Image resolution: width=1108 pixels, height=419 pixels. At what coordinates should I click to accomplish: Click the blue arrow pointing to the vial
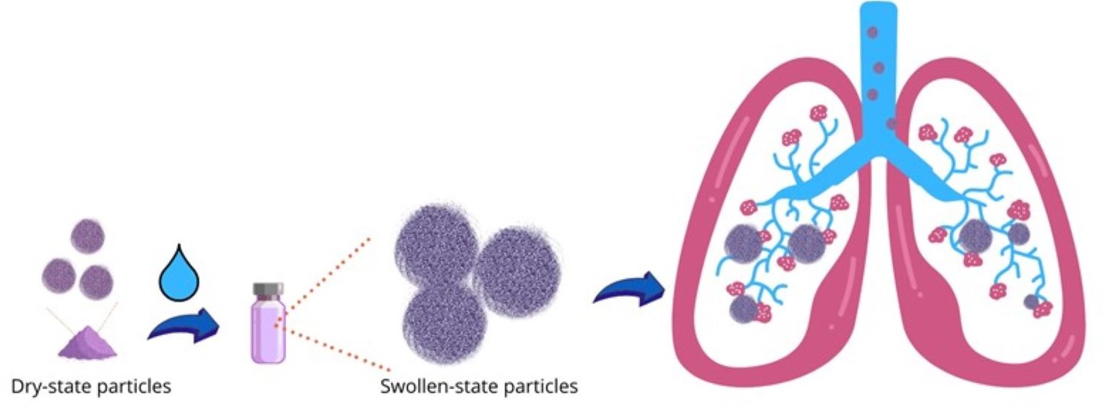[x=184, y=328]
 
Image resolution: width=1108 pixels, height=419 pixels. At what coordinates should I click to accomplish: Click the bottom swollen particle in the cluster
[x=439, y=320]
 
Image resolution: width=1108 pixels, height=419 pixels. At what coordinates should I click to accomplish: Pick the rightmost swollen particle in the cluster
[x=516, y=270]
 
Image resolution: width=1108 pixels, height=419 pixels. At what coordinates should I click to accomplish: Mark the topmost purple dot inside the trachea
[x=871, y=34]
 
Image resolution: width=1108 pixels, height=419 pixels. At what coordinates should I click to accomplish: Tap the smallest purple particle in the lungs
[x=1032, y=302]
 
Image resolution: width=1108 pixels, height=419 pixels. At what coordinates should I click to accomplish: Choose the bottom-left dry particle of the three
[x=59, y=276]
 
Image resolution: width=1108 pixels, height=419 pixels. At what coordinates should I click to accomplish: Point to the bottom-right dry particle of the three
[x=96, y=283]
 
